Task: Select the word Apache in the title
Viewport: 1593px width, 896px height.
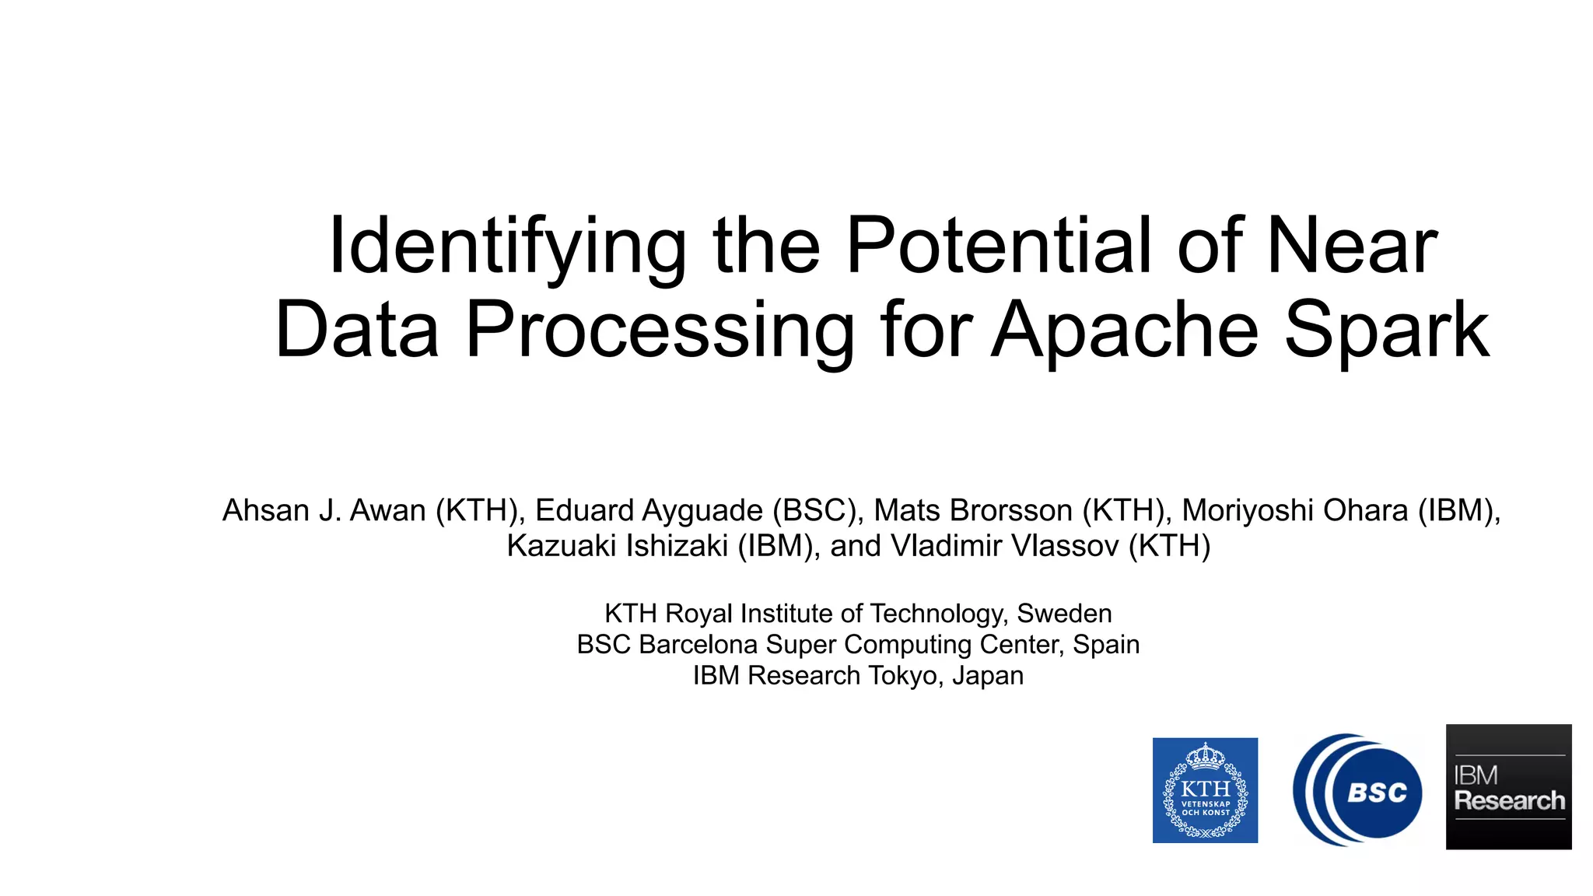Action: [1124, 330]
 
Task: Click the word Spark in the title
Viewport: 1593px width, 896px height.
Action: [1387, 330]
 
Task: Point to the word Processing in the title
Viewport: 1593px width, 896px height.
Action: [660, 330]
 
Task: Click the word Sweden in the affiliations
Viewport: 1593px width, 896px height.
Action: [1064, 614]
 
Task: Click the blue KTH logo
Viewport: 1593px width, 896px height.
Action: [1205, 790]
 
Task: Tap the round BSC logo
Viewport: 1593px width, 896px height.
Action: [1357, 790]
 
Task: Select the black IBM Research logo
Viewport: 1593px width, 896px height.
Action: [1508, 787]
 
